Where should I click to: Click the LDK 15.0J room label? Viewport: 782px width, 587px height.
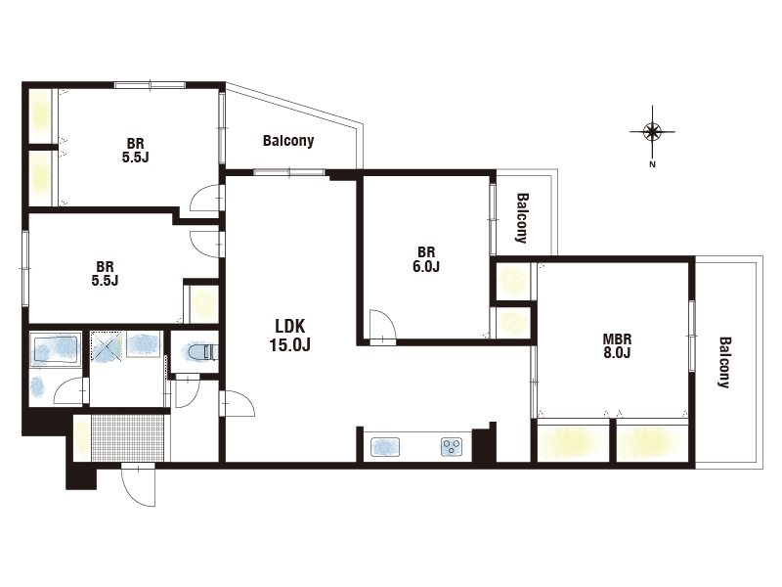(289, 336)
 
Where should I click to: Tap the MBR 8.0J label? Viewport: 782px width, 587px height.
(617, 346)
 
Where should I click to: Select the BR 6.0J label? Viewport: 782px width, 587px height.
(426, 259)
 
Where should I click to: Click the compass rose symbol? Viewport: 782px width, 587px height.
(652, 132)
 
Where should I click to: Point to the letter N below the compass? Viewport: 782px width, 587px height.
(652, 164)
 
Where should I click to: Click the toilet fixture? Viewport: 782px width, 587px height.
(203, 352)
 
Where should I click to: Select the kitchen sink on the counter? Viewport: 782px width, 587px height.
(385, 447)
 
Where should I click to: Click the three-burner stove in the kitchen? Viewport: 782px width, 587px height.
(452, 447)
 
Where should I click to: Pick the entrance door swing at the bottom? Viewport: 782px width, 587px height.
(138, 485)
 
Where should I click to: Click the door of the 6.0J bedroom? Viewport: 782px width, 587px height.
(382, 327)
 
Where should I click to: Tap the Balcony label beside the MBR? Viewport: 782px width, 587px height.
(724, 362)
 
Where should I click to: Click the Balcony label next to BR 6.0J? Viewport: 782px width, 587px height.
(522, 217)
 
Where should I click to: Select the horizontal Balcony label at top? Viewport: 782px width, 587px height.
(288, 141)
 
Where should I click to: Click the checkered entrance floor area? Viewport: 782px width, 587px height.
(128, 437)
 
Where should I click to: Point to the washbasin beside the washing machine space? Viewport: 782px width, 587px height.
(143, 343)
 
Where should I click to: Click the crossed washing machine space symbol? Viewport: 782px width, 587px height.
(106, 346)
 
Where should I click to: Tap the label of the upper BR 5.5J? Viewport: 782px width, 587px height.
(135, 151)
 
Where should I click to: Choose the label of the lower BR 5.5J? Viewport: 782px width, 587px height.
(105, 274)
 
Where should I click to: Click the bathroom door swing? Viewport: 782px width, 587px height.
(70, 390)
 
